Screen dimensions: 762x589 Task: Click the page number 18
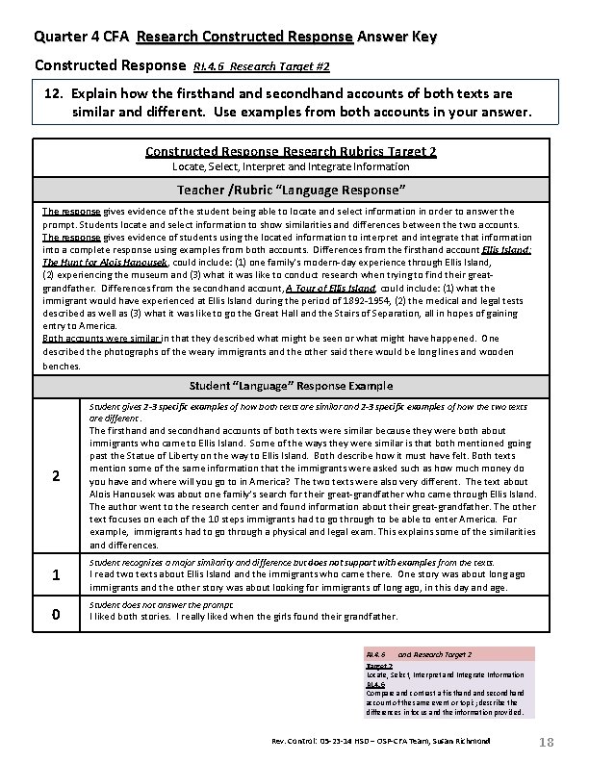(546, 742)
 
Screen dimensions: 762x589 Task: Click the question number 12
(54, 94)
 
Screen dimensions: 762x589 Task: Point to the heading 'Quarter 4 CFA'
(83, 38)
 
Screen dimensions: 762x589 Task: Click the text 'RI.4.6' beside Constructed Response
(209, 67)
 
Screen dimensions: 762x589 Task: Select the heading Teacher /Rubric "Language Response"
(294, 190)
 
